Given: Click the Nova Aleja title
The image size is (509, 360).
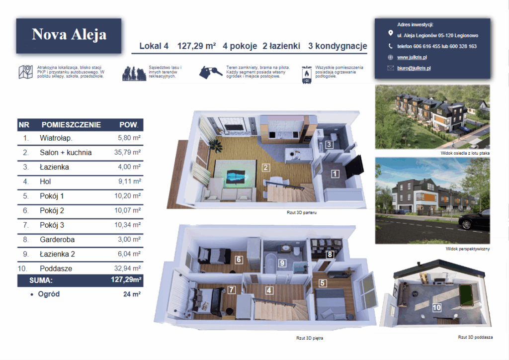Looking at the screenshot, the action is (x=69, y=34).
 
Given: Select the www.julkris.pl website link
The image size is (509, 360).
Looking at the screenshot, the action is (x=412, y=57).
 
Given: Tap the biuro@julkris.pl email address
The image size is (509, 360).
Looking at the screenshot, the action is (x=414, y=68).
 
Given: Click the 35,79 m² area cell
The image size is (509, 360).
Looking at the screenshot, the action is (x=127, y=152).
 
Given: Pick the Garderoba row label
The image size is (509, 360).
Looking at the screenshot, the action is (x=57, y=240).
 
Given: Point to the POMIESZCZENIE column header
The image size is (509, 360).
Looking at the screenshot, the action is (x=71, y=125).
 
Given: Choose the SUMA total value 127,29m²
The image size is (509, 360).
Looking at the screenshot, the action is (x=126, y=279).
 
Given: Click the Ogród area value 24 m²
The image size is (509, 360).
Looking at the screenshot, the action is (x=132, y=294).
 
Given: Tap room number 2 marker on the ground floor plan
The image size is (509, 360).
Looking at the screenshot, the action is (x=265, y=168).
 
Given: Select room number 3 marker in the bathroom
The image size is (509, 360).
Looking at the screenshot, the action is (x=329, y=145).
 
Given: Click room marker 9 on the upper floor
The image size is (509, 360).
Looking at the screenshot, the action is (x=282, y=263).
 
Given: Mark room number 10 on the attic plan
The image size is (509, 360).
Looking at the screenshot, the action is (x=436, y=307).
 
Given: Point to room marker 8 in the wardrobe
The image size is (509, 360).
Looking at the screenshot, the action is (x=330, y=255).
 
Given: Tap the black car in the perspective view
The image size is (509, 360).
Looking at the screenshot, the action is (x=474, y=220).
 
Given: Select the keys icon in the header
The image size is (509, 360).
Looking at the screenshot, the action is (x=211, y=72).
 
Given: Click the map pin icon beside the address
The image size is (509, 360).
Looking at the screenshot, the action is (x=391, y=33).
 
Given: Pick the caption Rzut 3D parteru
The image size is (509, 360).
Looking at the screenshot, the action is (x=302, y=213).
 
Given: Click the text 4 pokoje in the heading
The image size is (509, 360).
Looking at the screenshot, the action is (x=240, y=46).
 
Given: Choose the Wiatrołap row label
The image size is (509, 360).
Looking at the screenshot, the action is (x=56, y=138).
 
